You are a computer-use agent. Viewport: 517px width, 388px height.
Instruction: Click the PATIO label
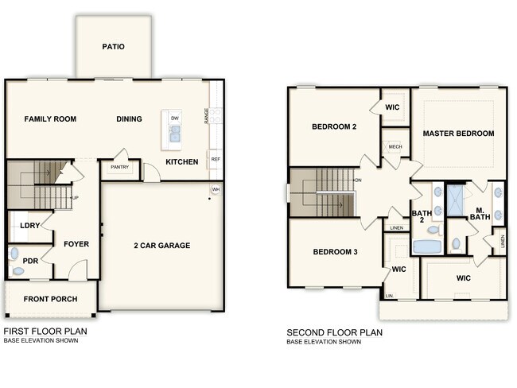(x=113, y=47)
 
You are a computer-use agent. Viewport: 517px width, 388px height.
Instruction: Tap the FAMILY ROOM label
(x=50, y=119)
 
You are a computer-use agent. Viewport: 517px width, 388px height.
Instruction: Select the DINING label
(x=129, y=119)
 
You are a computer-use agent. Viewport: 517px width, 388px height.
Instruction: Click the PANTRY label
(x=119, y=168)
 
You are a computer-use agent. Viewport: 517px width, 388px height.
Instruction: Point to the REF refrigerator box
(x=216, y=159)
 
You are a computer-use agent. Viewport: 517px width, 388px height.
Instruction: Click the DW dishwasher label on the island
(x=174, y=118)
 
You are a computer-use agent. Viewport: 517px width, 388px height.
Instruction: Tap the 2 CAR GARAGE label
(x=161, y=246)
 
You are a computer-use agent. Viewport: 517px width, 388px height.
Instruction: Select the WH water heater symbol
(x=216, y=189)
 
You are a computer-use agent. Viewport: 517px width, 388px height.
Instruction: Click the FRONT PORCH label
(x=50, y=300)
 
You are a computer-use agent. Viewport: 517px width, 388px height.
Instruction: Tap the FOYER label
(x=76, y=244)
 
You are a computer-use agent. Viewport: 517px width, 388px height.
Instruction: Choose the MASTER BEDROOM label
(x=458, y=134)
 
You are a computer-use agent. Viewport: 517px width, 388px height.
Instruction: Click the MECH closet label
(x=395, y=147)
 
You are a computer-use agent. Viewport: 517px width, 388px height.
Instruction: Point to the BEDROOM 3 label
(x=334, y=252)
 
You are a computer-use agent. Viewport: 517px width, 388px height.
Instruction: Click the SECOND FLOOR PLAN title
(x=334, y=332)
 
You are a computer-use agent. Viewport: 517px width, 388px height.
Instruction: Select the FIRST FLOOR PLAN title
(x=45, y=331)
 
